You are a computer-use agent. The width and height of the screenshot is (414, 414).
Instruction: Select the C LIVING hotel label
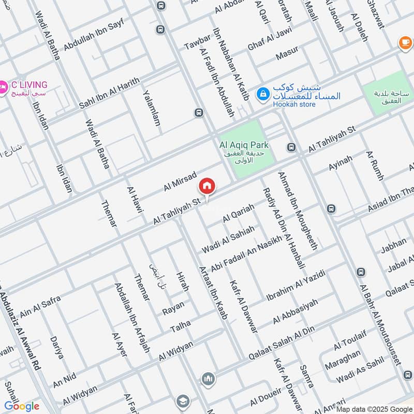point(29,85)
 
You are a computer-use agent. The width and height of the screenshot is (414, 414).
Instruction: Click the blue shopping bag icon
point(263,93)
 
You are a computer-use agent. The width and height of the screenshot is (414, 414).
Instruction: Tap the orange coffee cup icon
point(405,43)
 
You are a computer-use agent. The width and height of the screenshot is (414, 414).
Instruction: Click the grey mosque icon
point(208,379)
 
